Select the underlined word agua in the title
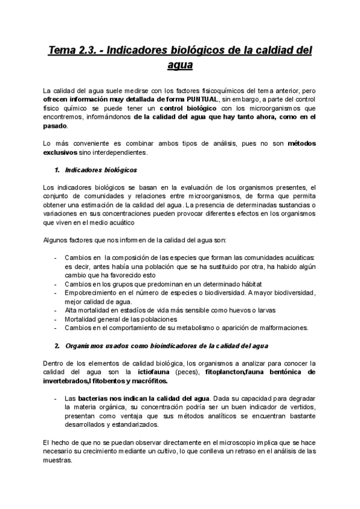[x=180, y=65]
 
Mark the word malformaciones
[x=278, y=328]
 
